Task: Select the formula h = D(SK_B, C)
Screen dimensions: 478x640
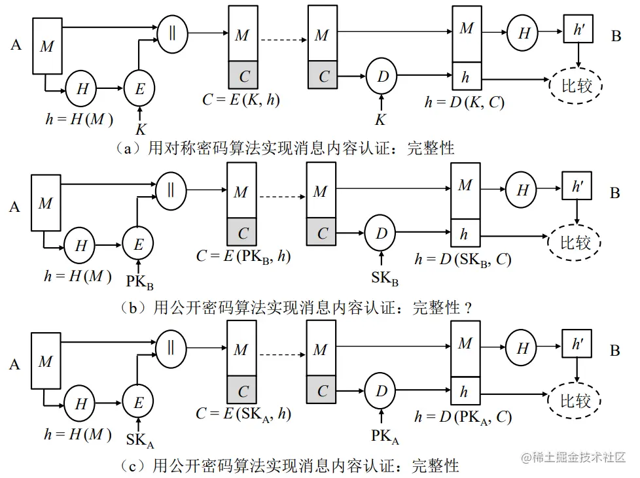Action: point(463,259)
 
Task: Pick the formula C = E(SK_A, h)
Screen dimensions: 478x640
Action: point(243,413)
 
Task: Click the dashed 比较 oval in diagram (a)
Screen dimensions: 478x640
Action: point(575,85)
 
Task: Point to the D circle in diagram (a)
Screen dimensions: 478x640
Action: point(382,75)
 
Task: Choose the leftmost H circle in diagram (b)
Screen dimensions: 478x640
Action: point(80,246)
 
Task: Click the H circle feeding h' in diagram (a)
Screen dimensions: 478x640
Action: point(524,33)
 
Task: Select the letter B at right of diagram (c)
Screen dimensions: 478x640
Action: point(615,352)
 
